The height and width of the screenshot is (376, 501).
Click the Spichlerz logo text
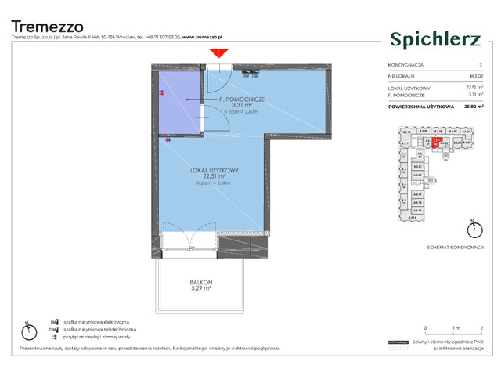[x=430, y=37]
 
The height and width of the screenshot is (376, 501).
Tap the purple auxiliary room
[x=181, y=102]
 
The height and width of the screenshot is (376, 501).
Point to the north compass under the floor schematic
[x=471, y=230]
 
